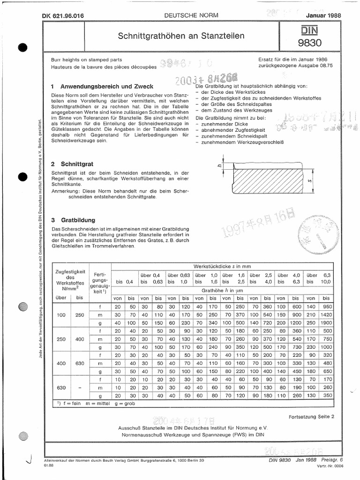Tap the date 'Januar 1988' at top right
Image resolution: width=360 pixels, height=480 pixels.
[x=323, y=15]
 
